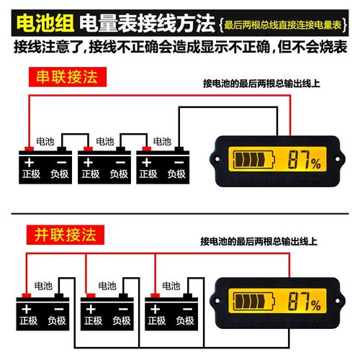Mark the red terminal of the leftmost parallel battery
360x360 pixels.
point(26,294)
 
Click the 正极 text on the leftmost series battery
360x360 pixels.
point(29,174)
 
